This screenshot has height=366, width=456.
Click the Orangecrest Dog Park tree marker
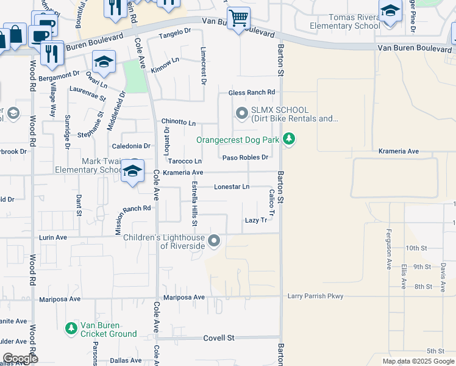[289, 140]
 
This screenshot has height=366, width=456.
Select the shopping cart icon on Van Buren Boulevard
[238, 18]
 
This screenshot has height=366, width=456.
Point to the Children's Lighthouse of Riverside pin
[214, 241]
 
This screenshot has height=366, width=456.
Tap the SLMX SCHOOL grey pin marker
[242, 113]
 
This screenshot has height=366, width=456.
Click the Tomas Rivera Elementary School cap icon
[390, 12]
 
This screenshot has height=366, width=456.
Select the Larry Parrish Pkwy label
[316, 296]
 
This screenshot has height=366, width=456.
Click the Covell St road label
[219, 337]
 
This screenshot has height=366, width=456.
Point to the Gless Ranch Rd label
[252, 93]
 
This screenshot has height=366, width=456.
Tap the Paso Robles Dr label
[246, 157]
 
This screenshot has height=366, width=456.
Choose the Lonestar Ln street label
[232, 187]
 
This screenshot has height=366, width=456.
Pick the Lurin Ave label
[53, 237]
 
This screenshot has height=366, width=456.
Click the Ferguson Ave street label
[388, 256]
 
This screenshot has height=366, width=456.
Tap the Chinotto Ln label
[178, 123]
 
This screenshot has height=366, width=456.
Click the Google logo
[20, 359]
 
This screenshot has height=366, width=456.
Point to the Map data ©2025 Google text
[418, 361]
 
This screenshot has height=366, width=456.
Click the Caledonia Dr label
[131, 146]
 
